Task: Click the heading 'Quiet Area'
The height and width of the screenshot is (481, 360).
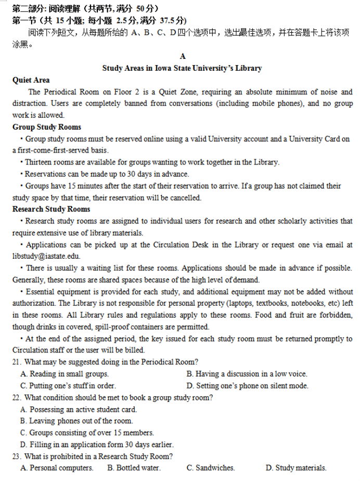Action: (31, 80)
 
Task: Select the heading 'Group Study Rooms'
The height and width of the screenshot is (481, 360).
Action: (47, 127)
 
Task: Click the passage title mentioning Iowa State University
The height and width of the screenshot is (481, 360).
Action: (182, 68)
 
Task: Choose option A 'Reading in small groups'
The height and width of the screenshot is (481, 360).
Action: (65, 374)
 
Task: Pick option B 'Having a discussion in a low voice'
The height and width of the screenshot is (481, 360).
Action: (247, 374)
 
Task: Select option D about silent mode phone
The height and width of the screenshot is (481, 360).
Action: (247, 386)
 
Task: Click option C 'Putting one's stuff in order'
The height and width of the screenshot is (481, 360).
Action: (68, 386)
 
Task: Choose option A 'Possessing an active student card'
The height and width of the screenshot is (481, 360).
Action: (79, 410)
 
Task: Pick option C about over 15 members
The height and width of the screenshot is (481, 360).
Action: (87, 433)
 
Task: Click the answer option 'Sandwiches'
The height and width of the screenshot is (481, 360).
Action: (211, 468)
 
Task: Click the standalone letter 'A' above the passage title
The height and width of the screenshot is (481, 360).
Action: (182, 56)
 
